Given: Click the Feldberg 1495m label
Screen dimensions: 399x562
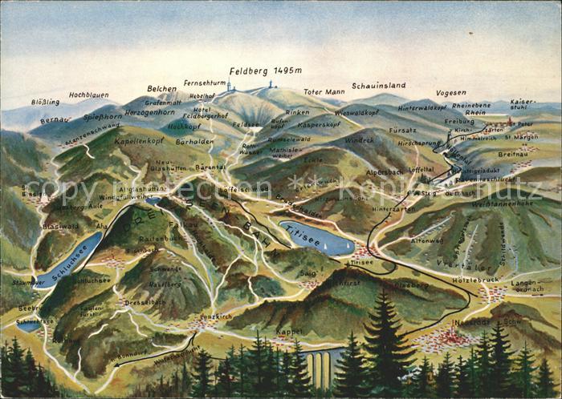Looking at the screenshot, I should pos(265,71).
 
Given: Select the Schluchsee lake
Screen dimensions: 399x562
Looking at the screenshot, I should pos(68,261).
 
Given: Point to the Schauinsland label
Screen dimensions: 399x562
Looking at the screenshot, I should pos(378,85).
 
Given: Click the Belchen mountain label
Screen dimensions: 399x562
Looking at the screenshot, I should pos(161,89).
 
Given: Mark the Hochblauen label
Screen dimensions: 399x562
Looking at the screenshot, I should pos(88,95).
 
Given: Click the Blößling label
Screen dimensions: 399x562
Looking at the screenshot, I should pos(45,102).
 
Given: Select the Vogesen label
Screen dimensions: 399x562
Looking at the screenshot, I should pos(450,93).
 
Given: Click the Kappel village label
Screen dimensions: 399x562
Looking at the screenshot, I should pos(289,331).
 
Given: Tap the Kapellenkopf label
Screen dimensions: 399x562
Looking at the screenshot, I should pos(138,139).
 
